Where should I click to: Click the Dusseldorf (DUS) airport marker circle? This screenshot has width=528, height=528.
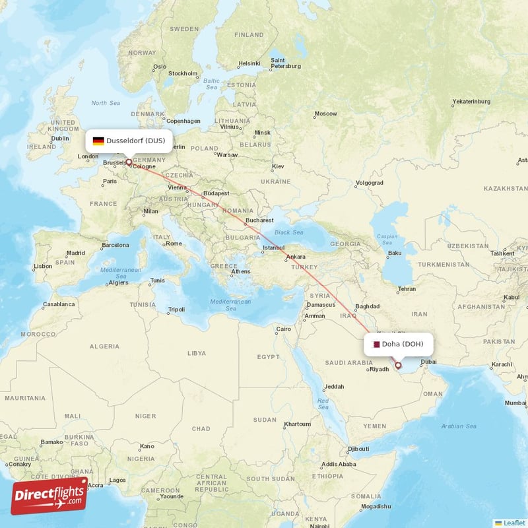click(x=129, y=162)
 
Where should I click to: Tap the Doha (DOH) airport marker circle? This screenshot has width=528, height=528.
click(x=398, y=365)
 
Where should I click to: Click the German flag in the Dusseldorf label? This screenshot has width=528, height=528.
click(x=98, y=141)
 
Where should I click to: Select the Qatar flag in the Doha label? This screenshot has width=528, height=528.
click(x=376, y=344)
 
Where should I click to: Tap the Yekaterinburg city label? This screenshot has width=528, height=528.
click(x=471, y=102)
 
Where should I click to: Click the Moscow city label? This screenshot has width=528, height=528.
click(x=325, y=114)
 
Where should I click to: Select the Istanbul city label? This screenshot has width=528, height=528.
click(x=273, y=248)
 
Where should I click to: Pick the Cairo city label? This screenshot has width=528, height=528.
click(x=283, y=329)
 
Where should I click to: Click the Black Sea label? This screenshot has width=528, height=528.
click(x=289, y=232)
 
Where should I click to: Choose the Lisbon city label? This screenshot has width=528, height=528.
click(x=42, y=267)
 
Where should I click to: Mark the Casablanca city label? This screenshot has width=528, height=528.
click(x=59, y=304)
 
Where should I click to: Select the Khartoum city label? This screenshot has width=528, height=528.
click(x=296, y=424)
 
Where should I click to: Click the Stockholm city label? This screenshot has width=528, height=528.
click(x=183, y=73)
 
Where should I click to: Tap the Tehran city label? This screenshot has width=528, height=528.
click(x=407, y=289)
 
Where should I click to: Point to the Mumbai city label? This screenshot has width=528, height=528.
click(x=516, y=402)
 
